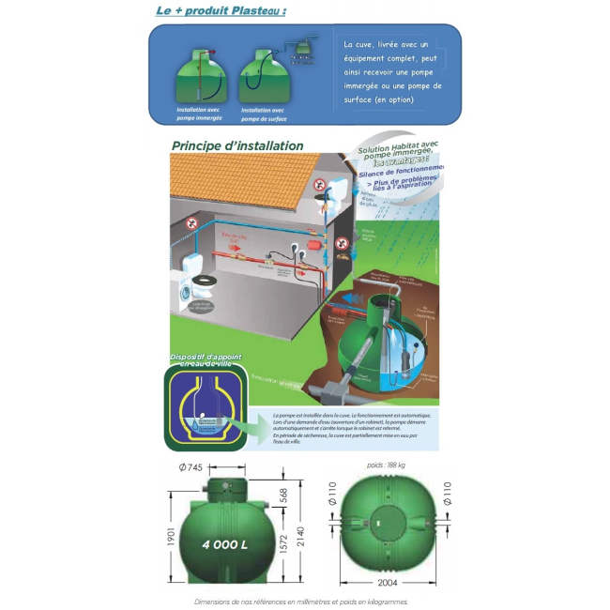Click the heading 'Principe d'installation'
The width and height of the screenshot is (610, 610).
point(237,145)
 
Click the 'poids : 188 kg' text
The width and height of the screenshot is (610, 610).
point(393,465)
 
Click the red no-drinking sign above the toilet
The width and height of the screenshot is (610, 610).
point(192,226)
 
